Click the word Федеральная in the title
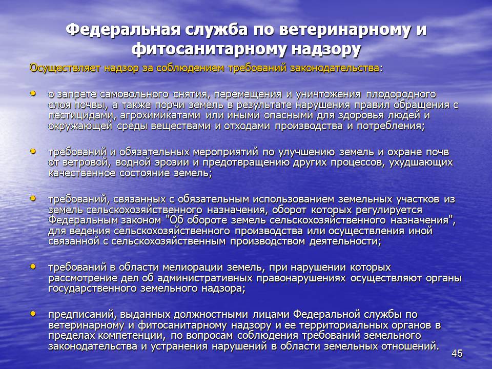coord(124,30)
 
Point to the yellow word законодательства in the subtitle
coord(335,68)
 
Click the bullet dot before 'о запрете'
coord(33,93)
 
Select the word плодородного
coord(401,94)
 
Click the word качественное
coord(82,173)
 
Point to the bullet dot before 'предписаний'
coord(33,314)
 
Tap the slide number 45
coord(457,353)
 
